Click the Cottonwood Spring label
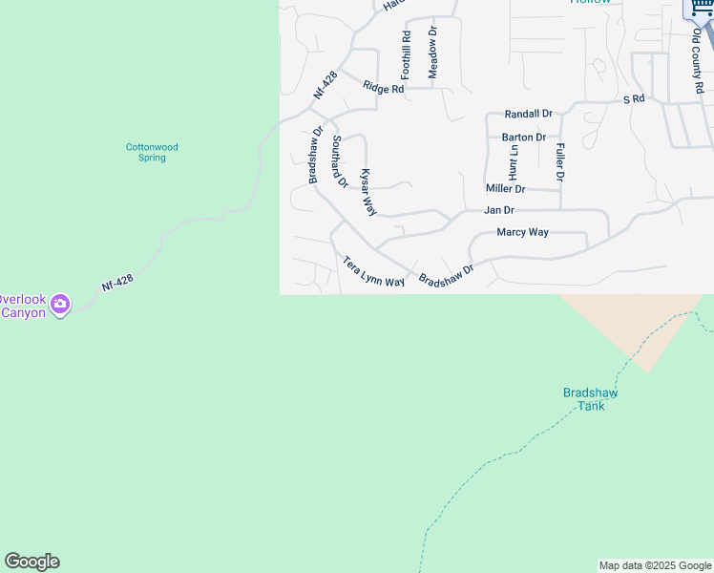click(x=152, y=152)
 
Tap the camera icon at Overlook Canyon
click(x=61, y=305)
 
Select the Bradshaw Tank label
click(x=591, y=398)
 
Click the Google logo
click(x=31, y=562)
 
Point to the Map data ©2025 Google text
click(x=655, y=565)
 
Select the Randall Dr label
click(x=529, y=114)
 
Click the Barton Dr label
click(x=524, y=138)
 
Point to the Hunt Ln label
click(x=514, y=163)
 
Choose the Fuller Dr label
click(x=559, y=162)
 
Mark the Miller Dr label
click(x=506, y=189)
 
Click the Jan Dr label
click(x=499, y=210)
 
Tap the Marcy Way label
click(x=523, y=232)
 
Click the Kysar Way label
click(x=368, y=192)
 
